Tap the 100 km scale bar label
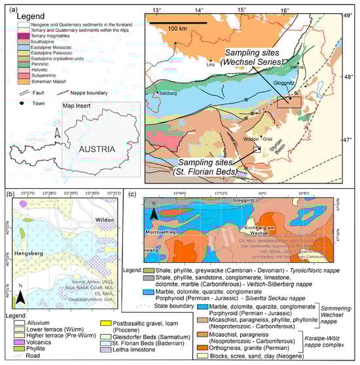point(174,29)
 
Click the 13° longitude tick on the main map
point(157,10)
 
